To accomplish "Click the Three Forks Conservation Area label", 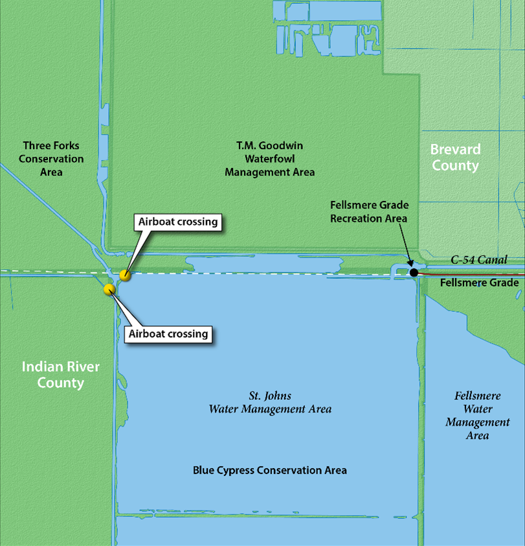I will coord(51,159).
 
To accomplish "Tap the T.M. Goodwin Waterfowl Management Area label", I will coord(269,159).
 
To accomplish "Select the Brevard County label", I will coord(455,157).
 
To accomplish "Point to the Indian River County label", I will coord(61,374).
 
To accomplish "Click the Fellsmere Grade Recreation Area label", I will coord(369,211).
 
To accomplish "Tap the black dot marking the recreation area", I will coord(414,272).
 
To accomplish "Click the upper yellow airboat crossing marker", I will coord(126,276).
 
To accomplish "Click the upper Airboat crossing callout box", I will coord(177,222).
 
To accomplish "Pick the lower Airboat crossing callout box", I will coord(168,334).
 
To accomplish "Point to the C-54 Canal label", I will coord(479,260).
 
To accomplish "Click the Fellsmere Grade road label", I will coord(480,283).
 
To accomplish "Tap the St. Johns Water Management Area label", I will coord(269,402).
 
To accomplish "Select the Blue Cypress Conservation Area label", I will coord(269,470).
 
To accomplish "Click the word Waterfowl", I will coord(269,159).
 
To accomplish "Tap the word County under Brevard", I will coord(455,165).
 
